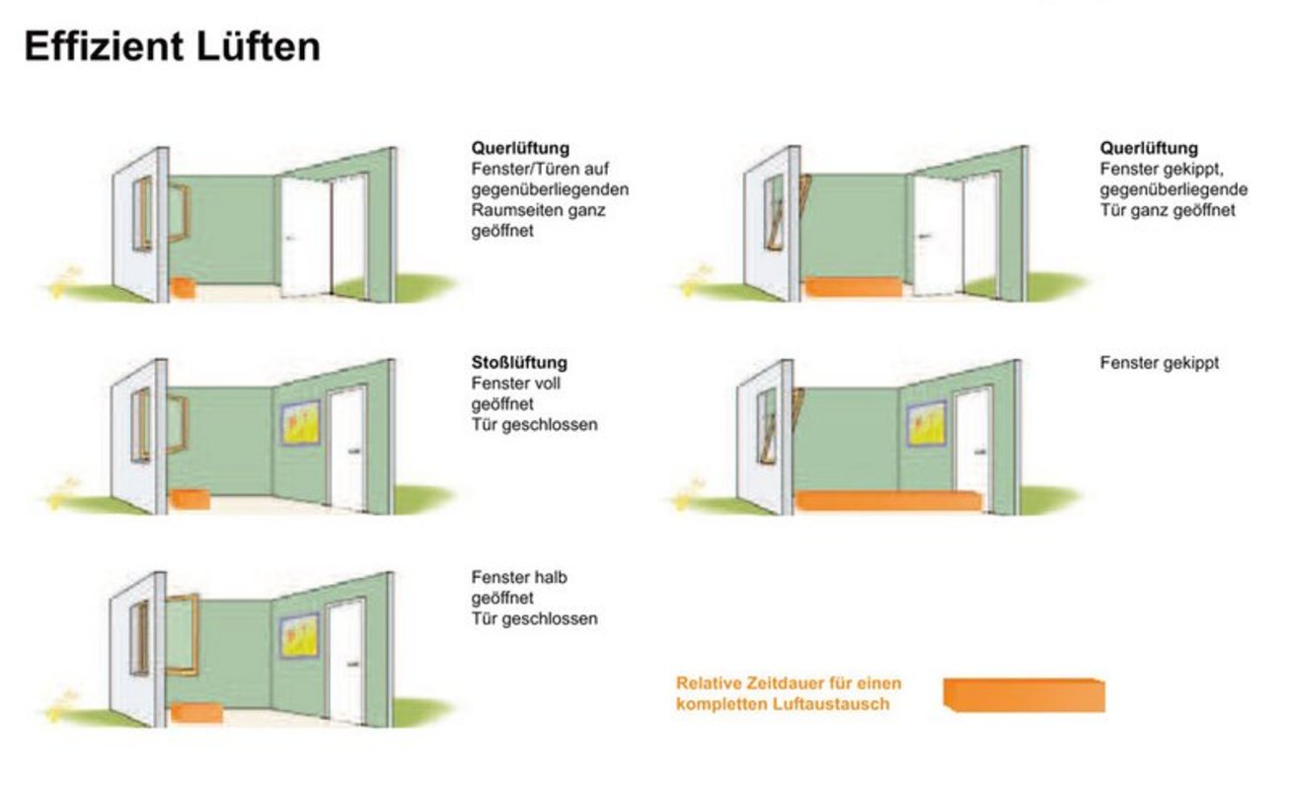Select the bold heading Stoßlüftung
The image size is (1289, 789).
[x=518, y=363]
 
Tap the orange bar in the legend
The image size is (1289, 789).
[x=1024, y=694]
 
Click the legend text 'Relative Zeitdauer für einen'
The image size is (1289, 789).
[x=789, y=683]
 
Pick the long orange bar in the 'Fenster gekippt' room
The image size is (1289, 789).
[x=888, y=500]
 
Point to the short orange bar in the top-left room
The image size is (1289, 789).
[x=184, y=288]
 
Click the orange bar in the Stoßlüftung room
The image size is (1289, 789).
[x=190, y=499]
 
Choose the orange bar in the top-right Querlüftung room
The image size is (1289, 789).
[x=852, y=287]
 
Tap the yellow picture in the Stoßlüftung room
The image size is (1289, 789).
[x=300, y=423]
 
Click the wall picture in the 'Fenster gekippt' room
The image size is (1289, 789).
[x=927, y=423]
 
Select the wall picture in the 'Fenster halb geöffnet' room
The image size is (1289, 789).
[x=299, y=636]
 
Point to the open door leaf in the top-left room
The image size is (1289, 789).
[x=305, y=237]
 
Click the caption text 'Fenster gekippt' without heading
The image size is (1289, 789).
[x=1159, y=363]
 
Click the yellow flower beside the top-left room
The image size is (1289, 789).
[x=61, y=281]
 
